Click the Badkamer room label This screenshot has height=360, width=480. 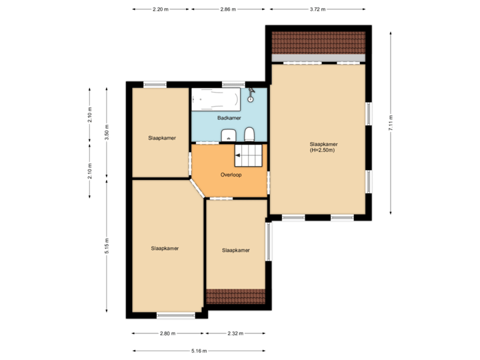(229, 118)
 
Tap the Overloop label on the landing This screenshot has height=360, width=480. (231, 175)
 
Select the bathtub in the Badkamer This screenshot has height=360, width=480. (215, 101)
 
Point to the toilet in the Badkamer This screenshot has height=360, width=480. (249, 135)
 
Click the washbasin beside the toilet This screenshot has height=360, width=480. (228, 135)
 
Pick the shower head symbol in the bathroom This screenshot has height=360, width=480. (251, 94)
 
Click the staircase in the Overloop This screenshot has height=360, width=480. (249, 157)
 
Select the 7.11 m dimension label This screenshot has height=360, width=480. (391, 123)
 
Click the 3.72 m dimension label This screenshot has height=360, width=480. (318, 10)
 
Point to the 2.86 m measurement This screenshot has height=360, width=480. (228, 10)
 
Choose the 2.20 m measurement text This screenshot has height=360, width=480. (161, 10)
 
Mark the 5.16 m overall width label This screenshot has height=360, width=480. (199, 351)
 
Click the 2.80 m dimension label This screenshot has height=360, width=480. (167, 333)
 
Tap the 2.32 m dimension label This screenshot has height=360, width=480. (236, 333)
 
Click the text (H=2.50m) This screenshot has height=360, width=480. (322, 150)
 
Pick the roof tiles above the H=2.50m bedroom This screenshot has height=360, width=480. (319, 41)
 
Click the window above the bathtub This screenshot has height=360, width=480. (232, 85)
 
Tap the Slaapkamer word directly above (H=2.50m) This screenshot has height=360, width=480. (323, 143)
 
